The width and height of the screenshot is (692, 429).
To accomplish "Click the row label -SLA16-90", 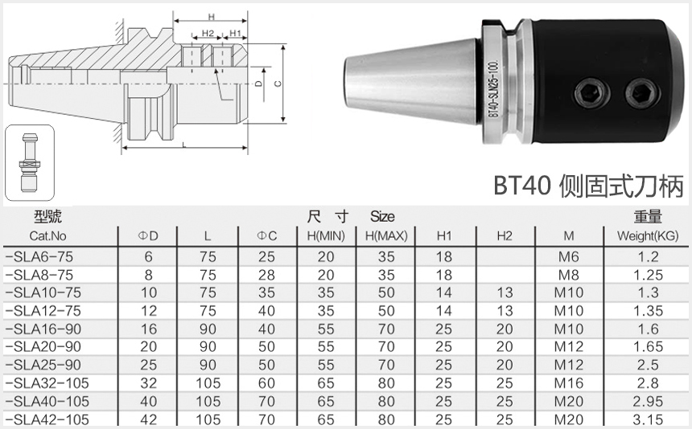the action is (x=43, y=329).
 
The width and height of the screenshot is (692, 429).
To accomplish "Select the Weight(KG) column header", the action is (x=648, y=236).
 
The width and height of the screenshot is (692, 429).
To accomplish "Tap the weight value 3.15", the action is (x=648, y=419).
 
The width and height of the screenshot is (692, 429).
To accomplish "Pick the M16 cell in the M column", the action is (x=568, y=383).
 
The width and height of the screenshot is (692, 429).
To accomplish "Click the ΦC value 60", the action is (x=266, y=383).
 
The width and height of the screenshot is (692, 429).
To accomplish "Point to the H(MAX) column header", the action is (x=386, y=236).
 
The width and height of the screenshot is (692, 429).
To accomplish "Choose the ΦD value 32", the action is (x=148, y=383).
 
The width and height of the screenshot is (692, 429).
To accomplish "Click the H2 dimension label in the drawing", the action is (x=208, y=34).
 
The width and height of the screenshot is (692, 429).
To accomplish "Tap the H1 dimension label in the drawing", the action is (x=235, y=34).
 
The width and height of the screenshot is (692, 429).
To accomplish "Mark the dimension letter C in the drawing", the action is (x=278, y=83).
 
